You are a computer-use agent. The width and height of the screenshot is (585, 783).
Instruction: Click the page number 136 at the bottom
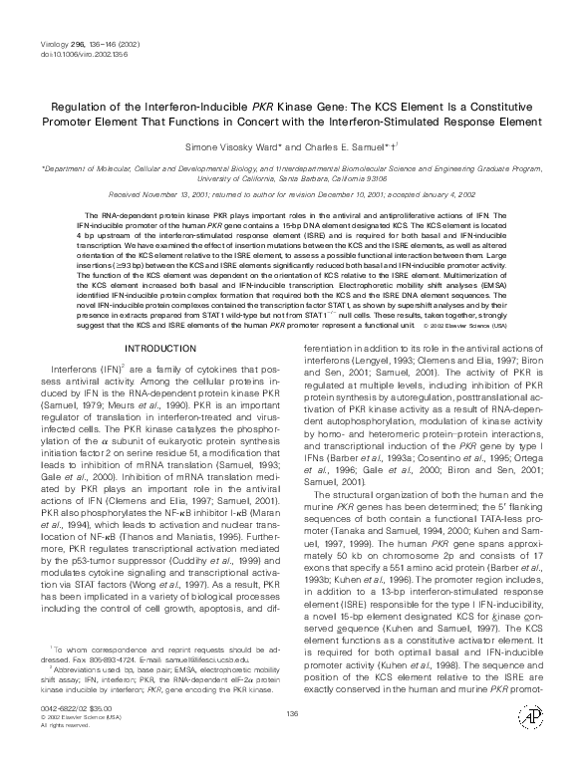tap(292, 742)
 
